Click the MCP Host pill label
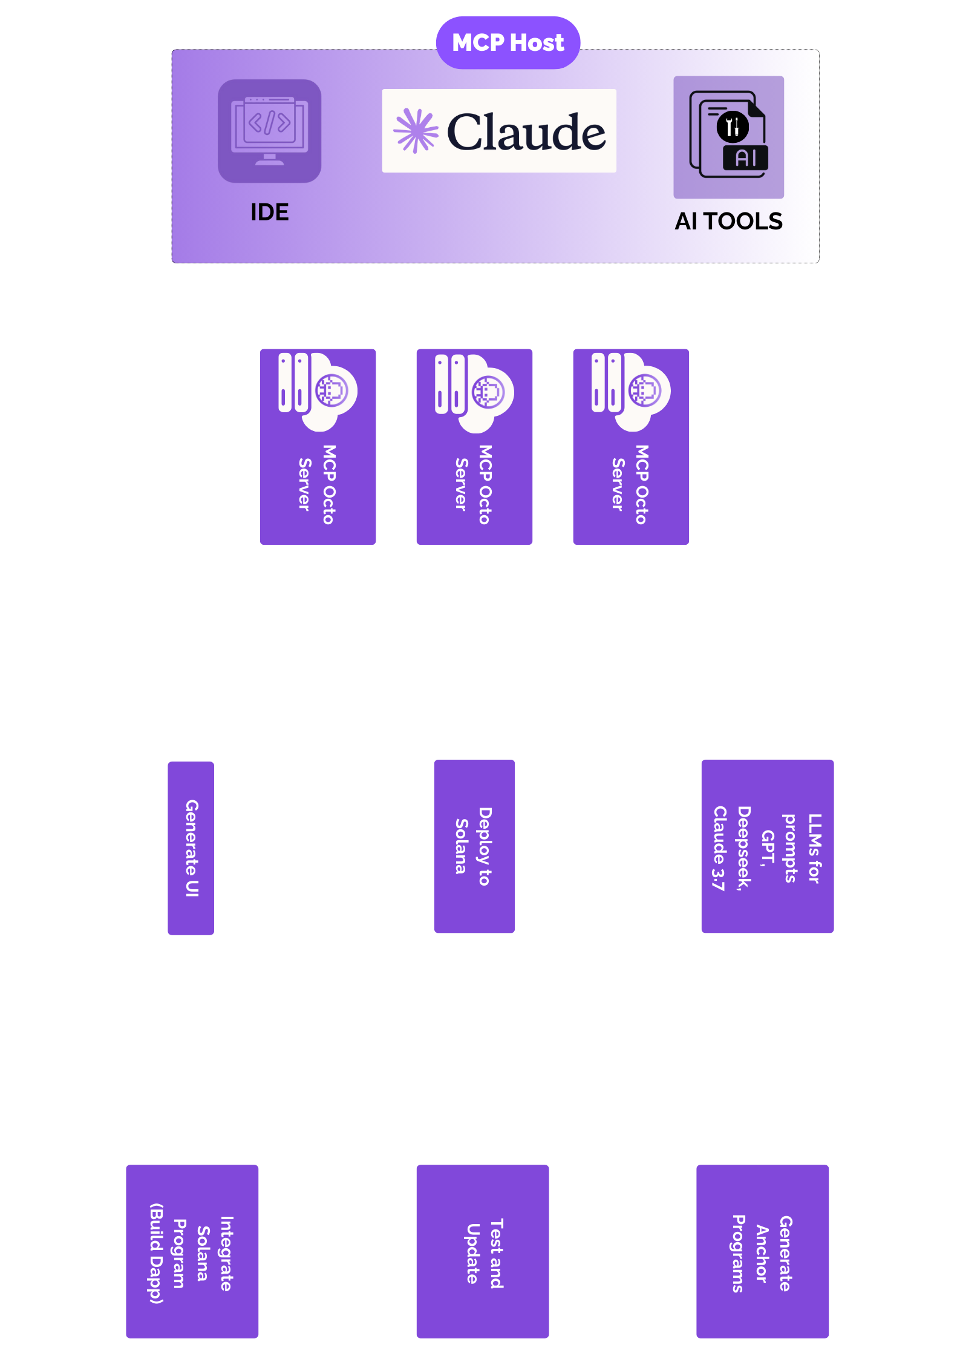click(508, 43)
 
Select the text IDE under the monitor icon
click(270, 212)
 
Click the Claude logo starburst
click(416, 131)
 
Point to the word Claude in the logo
click(526, 132)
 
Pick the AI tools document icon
click(728, 136)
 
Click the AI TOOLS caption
click(728, 222)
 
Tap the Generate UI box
click(191, 847)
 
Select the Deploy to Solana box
click(474, 846)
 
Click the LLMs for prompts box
click(767, 846)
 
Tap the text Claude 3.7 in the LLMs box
click(719, 847)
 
